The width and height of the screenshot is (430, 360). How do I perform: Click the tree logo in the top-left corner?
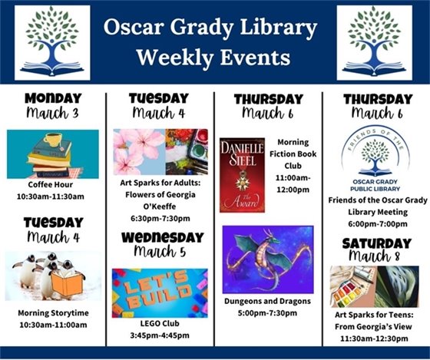coord(51,42)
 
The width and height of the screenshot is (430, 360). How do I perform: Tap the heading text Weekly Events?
coord(213,58)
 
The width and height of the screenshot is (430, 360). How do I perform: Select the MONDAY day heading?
coord(52,98)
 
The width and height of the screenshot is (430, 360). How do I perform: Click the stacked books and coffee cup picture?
coord(52,154)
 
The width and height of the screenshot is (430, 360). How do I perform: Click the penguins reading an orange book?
coord(52,276)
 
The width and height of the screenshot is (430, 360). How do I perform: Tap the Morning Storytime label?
coord(52,313)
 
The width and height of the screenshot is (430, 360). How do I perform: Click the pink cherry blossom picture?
coord(138,151)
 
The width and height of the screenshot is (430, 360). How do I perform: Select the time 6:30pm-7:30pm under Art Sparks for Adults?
coord(159,218)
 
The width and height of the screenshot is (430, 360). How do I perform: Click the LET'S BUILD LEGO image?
coord(159,292)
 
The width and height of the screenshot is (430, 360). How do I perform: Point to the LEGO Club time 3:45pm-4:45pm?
coord(159,335)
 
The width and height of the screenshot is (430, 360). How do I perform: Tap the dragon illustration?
coord(268,259)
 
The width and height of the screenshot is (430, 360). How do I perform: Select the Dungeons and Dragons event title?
coord(268,302)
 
